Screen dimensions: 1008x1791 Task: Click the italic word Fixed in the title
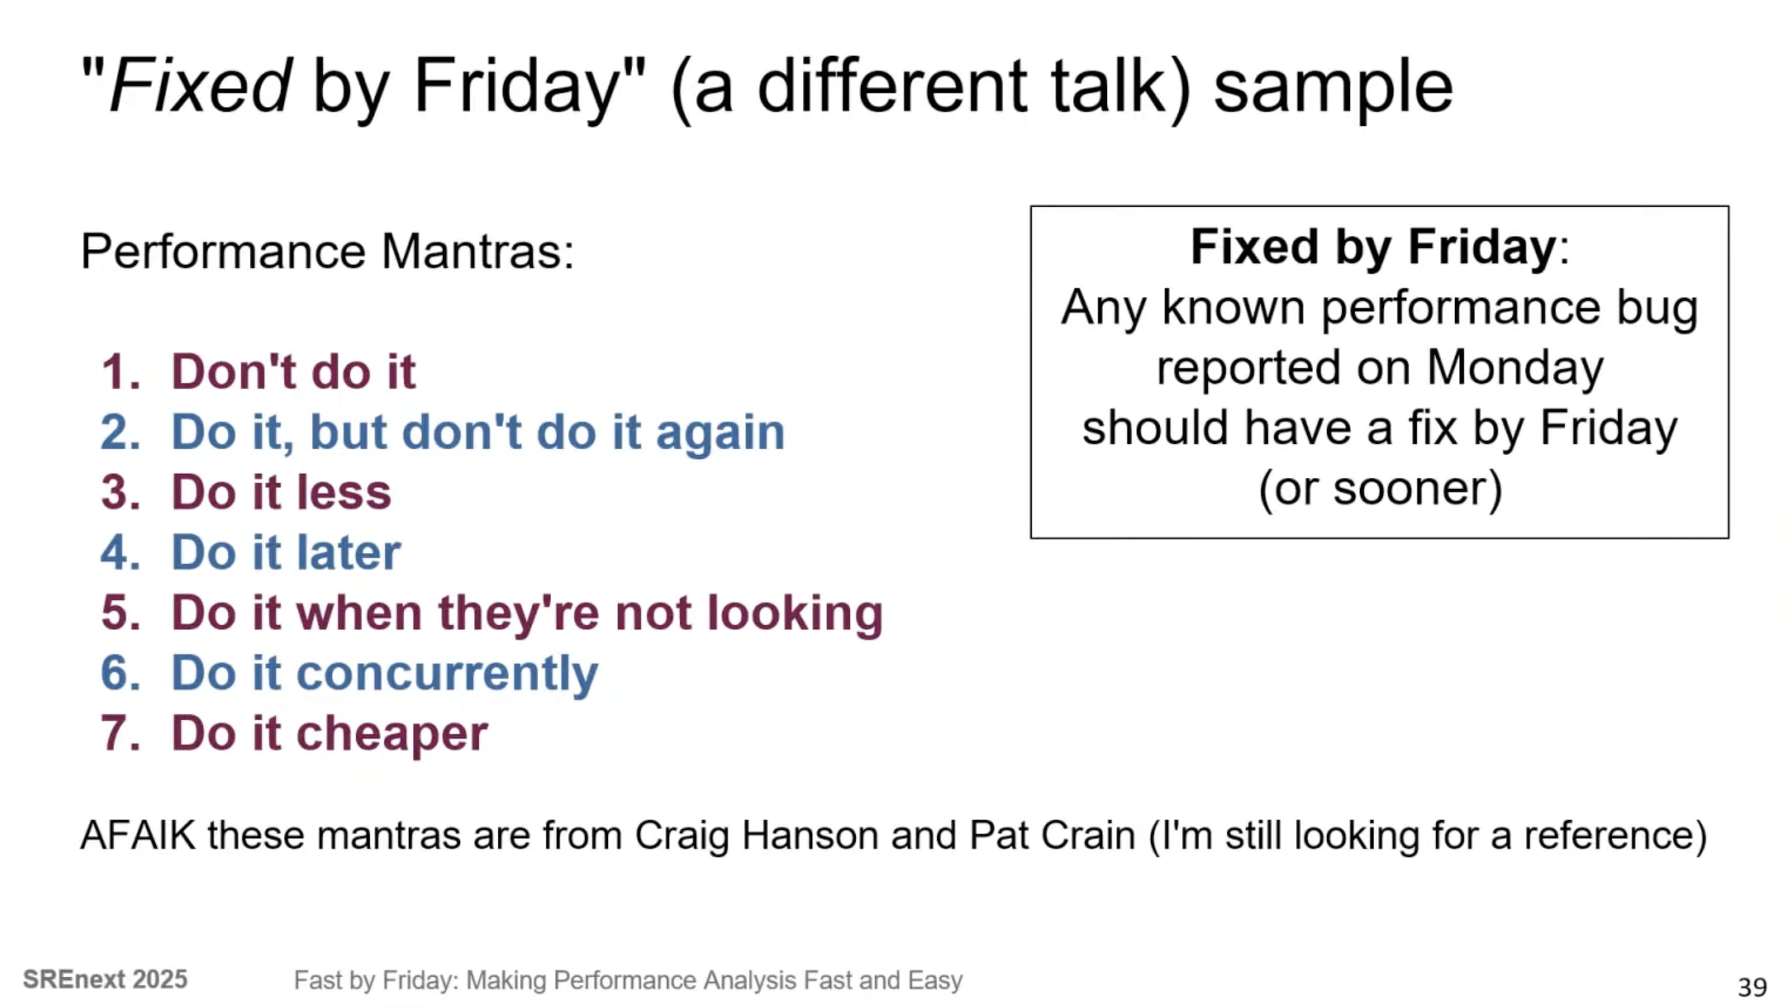200,86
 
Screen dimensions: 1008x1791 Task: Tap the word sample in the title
1333,86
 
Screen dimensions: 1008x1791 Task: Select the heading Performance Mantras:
327,251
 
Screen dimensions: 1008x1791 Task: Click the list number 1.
119,372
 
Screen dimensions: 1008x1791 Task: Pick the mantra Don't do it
293,372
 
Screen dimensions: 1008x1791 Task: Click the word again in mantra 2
720,432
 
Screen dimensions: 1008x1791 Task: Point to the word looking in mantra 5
794,613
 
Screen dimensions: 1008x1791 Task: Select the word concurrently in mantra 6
447,674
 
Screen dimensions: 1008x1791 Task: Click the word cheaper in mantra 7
392,734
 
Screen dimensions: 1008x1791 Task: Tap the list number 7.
119,734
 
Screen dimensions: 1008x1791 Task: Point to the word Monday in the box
1515,368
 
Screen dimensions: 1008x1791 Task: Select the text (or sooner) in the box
1380,489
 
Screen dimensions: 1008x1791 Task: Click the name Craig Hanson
757,836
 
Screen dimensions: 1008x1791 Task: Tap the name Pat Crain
1052,836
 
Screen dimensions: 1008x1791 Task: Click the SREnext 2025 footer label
105,979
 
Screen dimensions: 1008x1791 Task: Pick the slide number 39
1751,987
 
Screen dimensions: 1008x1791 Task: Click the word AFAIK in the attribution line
138,836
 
